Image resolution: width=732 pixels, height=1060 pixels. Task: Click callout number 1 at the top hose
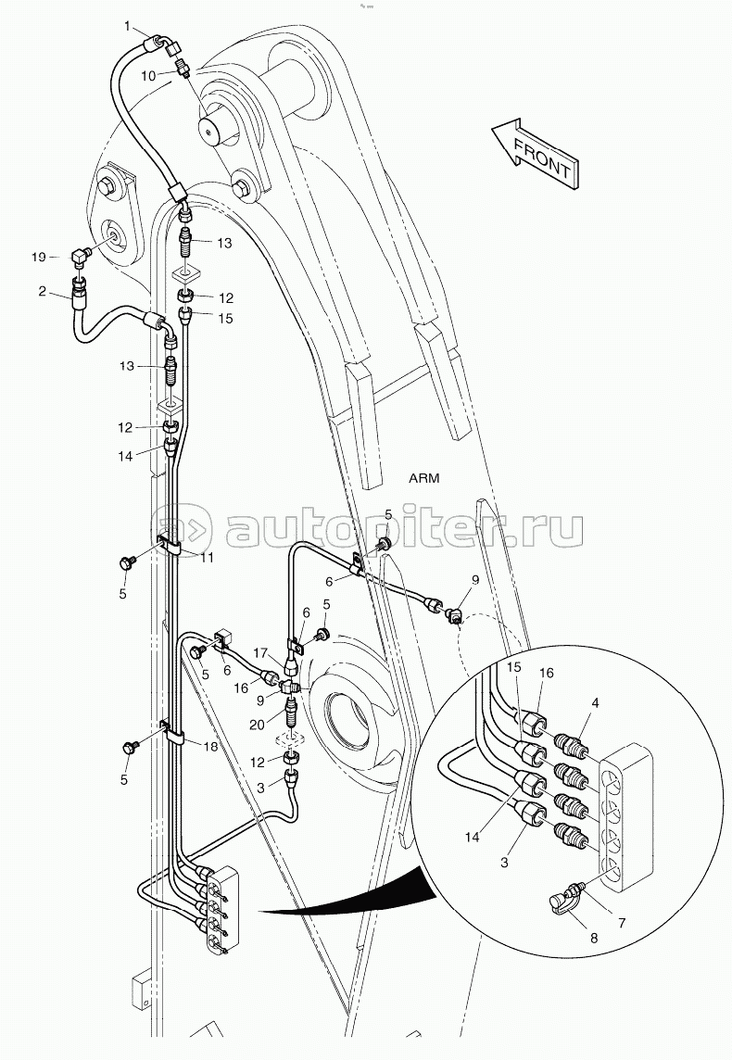coord(129,26)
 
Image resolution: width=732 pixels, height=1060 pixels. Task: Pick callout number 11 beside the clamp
coord(207,557)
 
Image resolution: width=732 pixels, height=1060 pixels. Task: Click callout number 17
coord(260,654)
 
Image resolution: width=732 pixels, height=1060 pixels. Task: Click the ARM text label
coord(423,478)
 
